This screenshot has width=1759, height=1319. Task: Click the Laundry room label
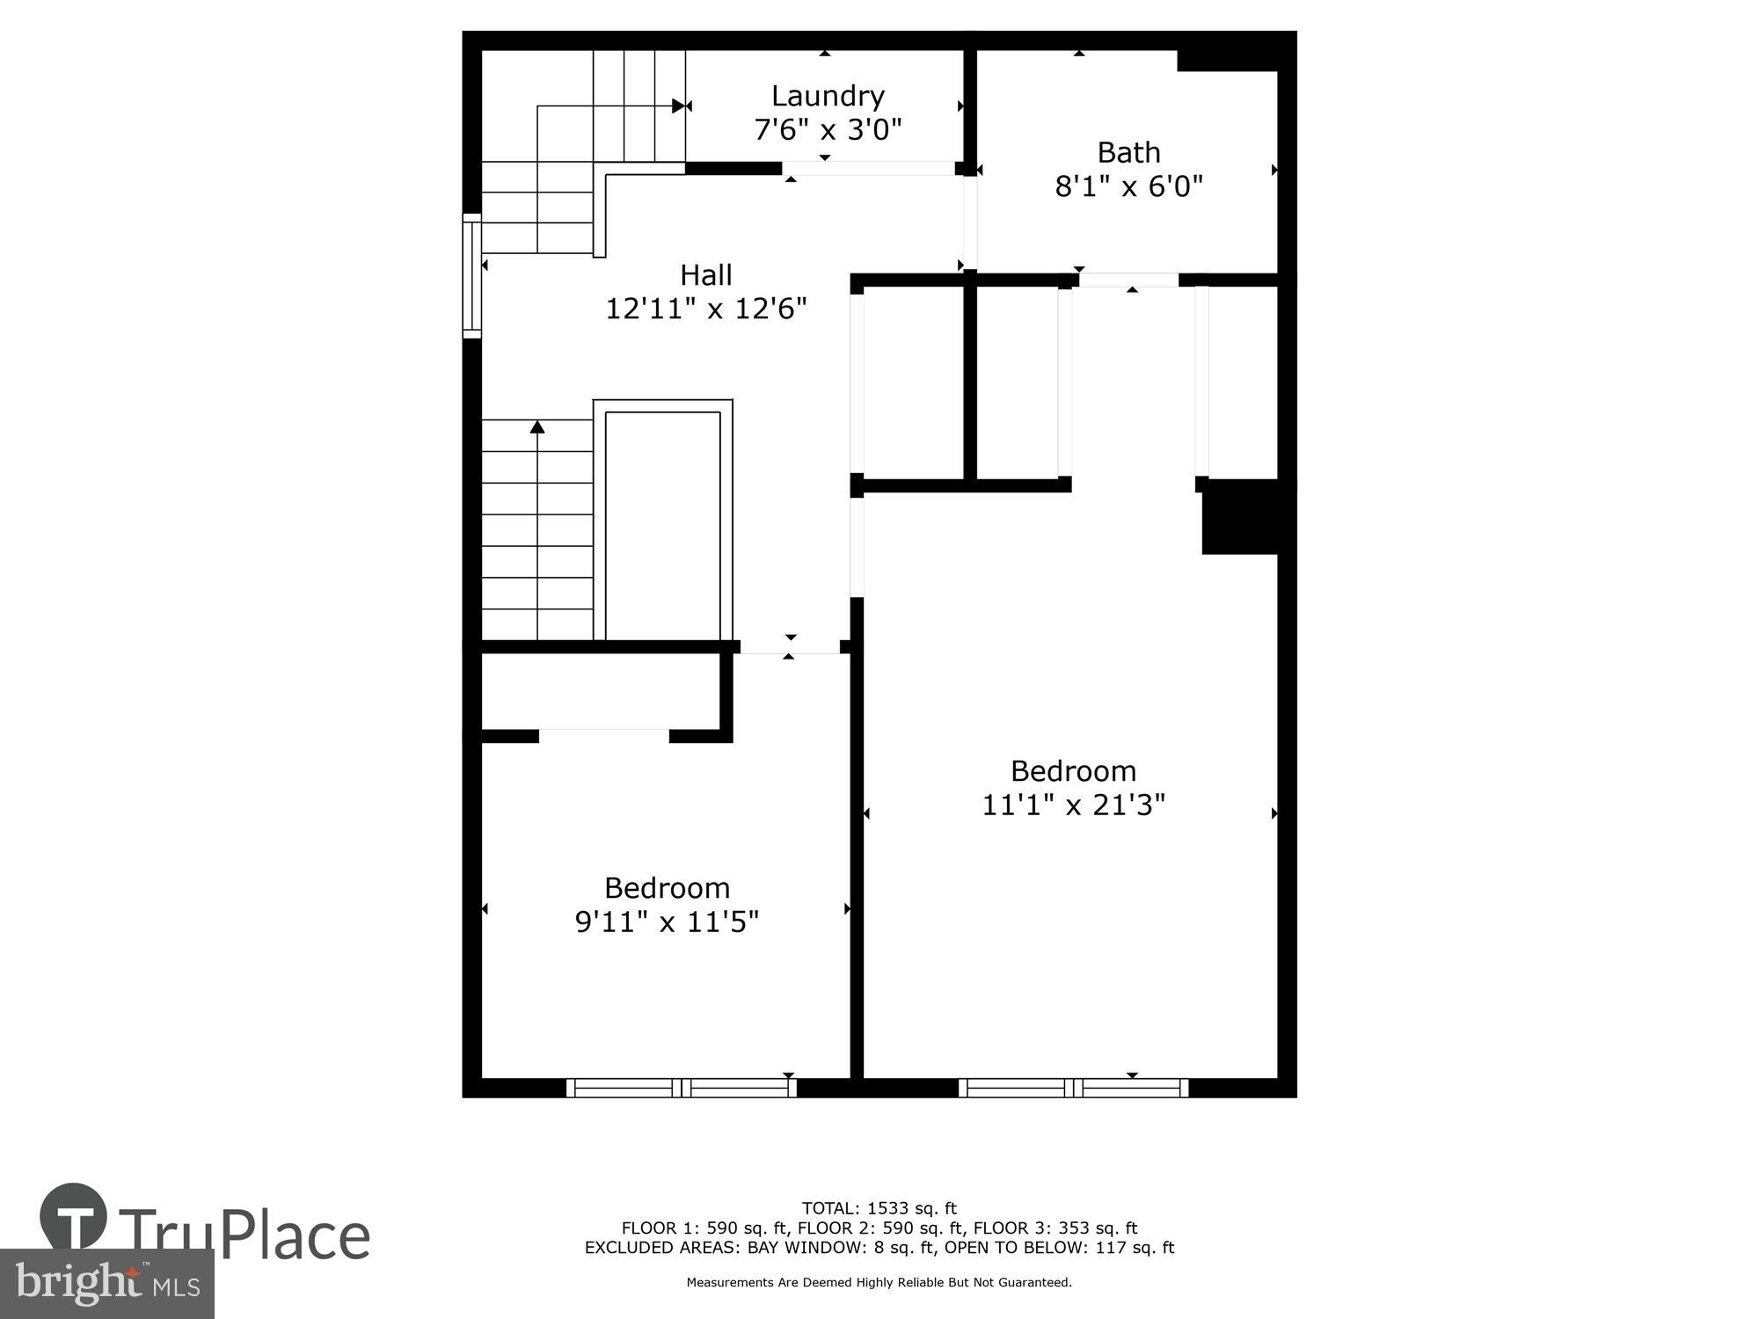[828, 96]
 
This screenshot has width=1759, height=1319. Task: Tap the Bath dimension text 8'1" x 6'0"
[1128, 186]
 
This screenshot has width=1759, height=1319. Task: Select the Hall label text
[705, 275]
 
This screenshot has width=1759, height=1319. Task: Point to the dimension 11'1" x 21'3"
[1073, 805]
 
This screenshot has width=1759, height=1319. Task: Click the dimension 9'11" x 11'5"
[667, 922]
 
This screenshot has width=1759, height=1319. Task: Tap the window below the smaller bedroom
[682, 1088]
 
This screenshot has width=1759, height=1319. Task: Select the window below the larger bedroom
[1073, 1088]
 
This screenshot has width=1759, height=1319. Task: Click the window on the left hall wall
[472, 275]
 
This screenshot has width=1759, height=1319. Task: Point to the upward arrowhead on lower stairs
[537, 427]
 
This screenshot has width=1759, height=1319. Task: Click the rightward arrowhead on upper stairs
[678, 106]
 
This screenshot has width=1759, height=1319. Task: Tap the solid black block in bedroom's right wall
[1240, 517]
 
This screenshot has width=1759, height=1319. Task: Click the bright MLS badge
[106, 1284]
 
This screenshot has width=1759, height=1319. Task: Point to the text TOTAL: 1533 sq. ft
[879, 1208]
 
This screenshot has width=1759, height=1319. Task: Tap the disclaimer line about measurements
[879, 1282]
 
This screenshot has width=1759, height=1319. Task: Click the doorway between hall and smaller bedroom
[790, 647]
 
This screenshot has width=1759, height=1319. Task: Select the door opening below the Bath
[1128, 280]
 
